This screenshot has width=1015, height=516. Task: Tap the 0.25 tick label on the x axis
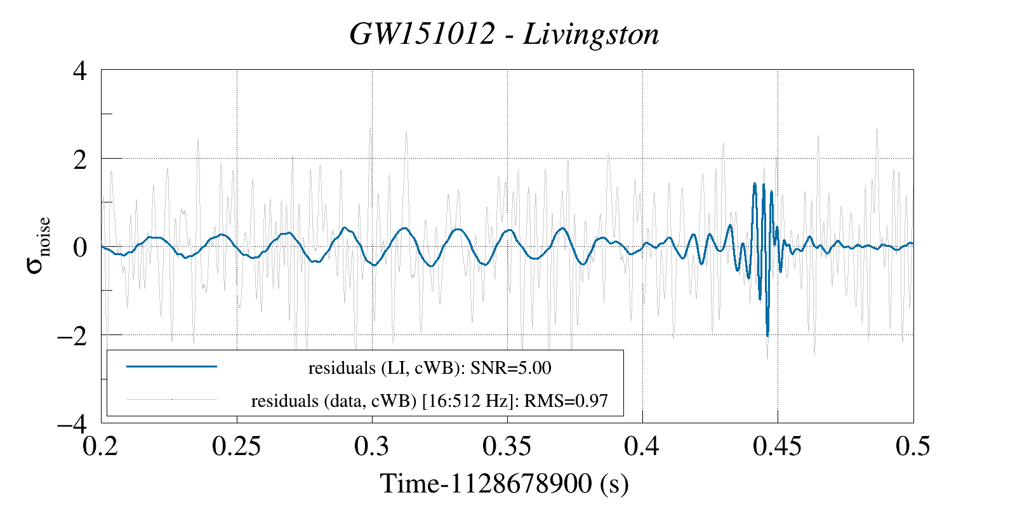[236, 446]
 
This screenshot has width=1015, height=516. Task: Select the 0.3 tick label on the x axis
[372, 446]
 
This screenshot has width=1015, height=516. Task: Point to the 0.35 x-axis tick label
[507, 446]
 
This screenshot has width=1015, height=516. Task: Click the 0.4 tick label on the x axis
[642, 446]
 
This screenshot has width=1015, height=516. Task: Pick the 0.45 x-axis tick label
[777, 446]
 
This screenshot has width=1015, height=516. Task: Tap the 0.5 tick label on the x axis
[913, 446]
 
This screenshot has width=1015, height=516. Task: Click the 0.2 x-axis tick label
[102, 446]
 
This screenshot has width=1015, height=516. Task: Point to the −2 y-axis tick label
[72, 335]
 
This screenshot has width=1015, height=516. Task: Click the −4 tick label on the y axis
[72, 423]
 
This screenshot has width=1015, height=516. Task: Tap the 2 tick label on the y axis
[80, 159]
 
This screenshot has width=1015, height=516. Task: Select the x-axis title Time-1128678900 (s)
[504, 484]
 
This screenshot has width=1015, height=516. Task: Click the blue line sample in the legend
[171, 366]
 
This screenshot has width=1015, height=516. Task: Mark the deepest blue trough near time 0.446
[767, 335]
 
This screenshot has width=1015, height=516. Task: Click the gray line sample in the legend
[171, 400]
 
